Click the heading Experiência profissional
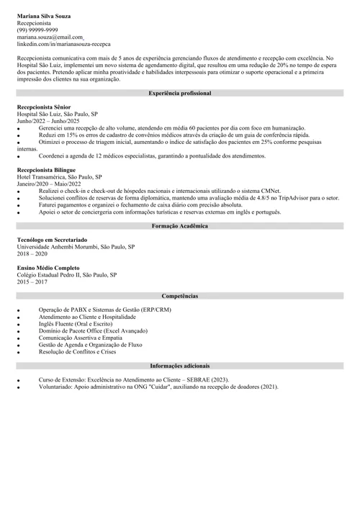click(x=180, y=94)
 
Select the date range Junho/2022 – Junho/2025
click(x=49, y=121)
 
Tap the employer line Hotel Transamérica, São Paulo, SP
click(x=60, y=176)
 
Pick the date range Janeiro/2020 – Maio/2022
click(x=48, y=184)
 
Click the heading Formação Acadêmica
click(x=180, y=226)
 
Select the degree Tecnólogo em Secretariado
click(x=53, y=239)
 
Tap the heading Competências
click(x=180, y=296)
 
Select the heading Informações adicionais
click(x=180, y=366)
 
